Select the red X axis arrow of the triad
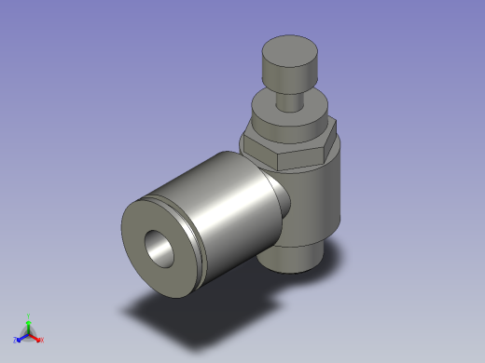(35, 336)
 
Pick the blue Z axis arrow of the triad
(21, 335)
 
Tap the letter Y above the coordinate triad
(29, 316)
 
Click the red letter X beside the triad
(42, 340)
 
